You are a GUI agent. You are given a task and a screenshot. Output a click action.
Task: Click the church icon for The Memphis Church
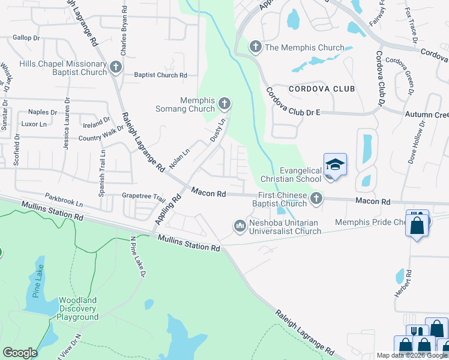click(256, 47)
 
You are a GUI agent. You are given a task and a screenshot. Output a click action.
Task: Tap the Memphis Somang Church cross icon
click(224, 104)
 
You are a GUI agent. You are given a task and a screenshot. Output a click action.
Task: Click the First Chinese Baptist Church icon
click(316, 199)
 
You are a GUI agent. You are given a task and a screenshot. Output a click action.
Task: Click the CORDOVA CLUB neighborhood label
click(322, 89)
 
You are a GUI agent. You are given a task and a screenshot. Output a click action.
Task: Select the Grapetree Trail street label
click(143, 196)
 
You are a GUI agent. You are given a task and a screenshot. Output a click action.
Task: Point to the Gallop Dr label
click(26, 37)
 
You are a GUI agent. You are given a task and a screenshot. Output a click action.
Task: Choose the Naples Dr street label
click(43, 112)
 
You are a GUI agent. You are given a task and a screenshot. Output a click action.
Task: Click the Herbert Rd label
click(408, 282)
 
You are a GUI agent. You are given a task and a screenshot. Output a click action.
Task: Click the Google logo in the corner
click(20, 353)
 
